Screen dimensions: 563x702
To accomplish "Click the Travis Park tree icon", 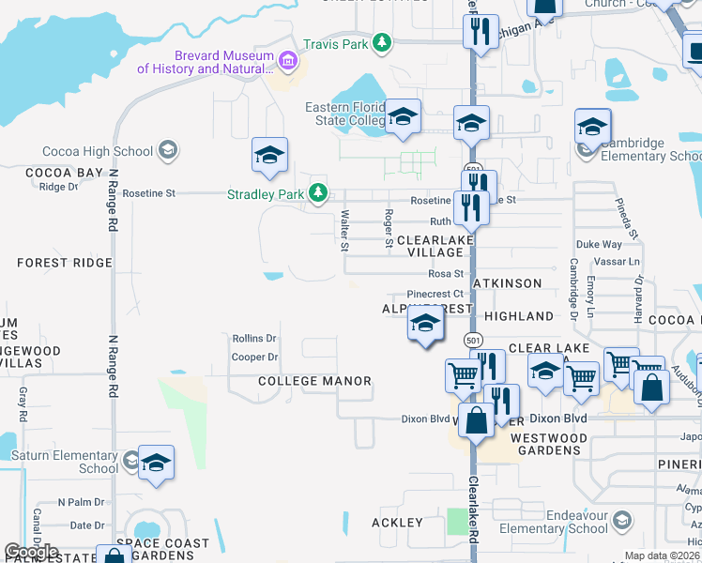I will [382, 41].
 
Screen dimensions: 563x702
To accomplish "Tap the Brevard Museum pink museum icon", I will [288, 61].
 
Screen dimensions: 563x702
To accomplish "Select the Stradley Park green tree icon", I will [319, 193].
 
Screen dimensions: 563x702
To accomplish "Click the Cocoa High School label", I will [98, 151].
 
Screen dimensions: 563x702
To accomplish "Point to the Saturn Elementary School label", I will [65, 463].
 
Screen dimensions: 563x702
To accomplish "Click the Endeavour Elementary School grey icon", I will [620, 520].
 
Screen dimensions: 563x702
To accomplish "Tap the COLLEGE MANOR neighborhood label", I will [314, 381].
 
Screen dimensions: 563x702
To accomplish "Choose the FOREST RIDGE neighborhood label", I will [64, 263].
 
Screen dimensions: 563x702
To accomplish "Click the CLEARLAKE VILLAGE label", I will [435, 247].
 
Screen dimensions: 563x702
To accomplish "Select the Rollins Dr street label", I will [254, 339].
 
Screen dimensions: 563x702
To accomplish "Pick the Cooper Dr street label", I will [254, 358].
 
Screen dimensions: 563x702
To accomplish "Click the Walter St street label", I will [344, 231].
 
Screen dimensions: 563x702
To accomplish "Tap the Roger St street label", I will [389, 229].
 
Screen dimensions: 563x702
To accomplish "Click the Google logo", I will [32, 552].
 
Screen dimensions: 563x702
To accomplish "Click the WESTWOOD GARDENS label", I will [549, 444].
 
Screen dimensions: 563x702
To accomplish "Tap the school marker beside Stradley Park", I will [269, 156].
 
